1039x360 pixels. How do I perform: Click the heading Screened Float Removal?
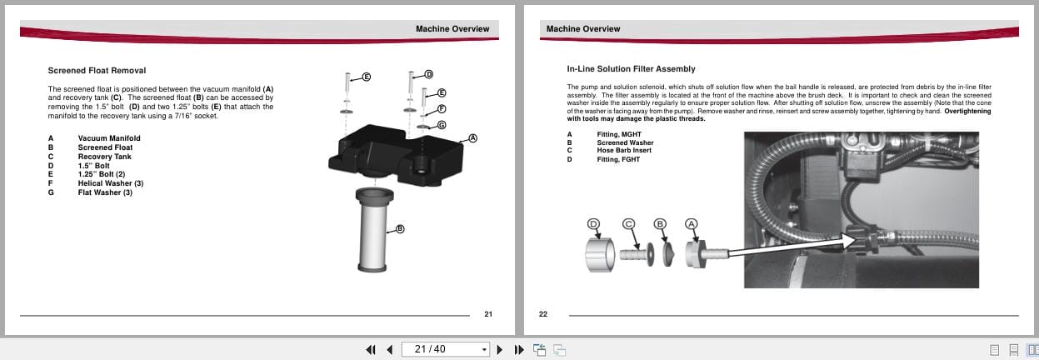point(97,71)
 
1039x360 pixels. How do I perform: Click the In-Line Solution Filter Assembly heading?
point(631,68)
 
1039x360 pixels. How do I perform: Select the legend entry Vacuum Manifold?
point(109,138)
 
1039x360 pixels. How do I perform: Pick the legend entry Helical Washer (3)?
point(111,183)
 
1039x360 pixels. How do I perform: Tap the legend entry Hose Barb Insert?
point(624,151)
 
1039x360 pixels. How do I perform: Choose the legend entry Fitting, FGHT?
point(618,159)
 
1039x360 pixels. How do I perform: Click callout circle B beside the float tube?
point(400,229)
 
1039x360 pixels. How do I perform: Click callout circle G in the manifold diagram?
point(442,125)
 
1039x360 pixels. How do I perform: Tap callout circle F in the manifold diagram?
point(442,108)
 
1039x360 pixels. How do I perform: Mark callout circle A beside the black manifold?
point(472,138)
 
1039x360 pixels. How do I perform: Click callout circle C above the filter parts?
point(629,223)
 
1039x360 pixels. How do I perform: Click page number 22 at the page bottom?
point(543,314)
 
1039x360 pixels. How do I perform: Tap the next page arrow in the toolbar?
point(500,349)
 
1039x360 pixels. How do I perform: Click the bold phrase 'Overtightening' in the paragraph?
point(967,111)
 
